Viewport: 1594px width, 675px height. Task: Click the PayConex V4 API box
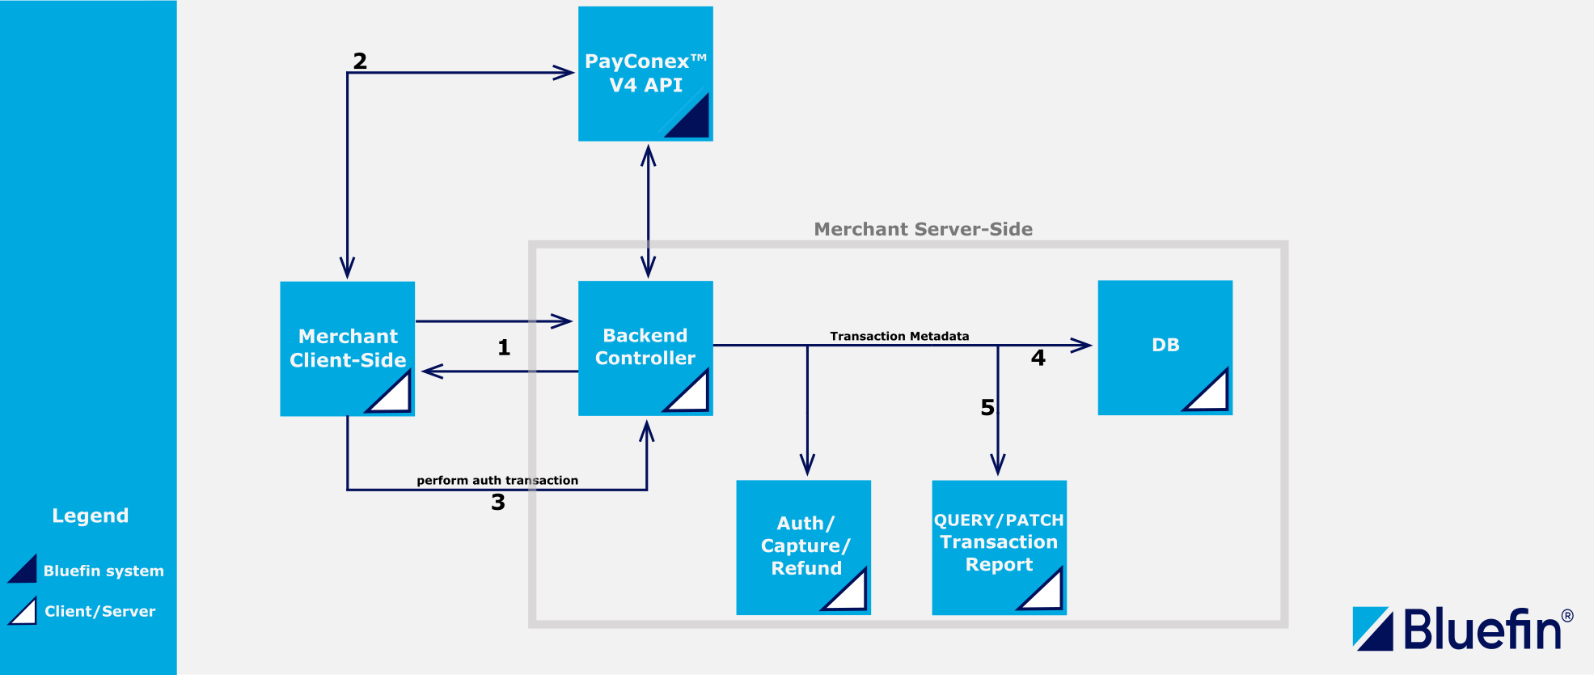[x=645, y=74]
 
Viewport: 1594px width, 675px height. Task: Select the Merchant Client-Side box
[x=347, y=348]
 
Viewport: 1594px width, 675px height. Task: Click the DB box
[x=1165, y=346]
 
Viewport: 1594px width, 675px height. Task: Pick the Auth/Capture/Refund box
[x=803, y=546]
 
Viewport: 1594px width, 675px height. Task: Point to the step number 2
[x=360, y=61]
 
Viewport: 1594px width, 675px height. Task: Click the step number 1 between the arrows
[x=504, y=347]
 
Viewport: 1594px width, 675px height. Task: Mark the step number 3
[x=498, y=502]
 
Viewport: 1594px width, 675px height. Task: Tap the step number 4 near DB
[x=1038, y=358]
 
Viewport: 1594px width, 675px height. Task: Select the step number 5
[x=987, y=407]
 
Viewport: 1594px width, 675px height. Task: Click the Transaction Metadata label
[x=899, y=336]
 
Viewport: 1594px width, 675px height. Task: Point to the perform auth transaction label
[x=497, y=480]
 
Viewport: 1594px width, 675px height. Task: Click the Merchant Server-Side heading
[x=923, y=229]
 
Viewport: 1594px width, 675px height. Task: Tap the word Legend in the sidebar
[x=91, y=516]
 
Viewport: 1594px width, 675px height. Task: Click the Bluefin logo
[x=1462, y=629]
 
